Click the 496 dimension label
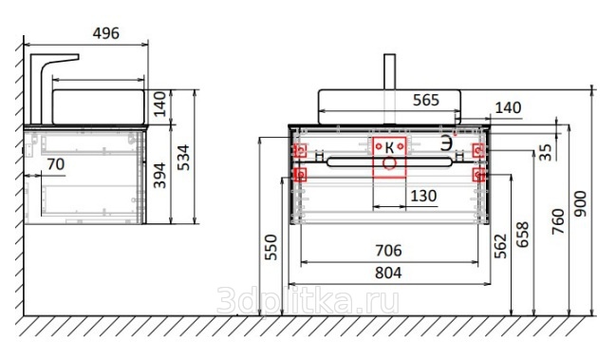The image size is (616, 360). point(105,33)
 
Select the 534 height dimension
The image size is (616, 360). point(183,158)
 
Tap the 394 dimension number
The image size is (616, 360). point(159,176)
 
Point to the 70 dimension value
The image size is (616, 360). point(55,164)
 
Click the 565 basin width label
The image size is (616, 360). point(426,101)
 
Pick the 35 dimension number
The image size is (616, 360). point(545,152)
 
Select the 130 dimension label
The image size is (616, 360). point(423,196)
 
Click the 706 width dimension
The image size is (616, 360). point(388,251)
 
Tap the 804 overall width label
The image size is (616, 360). point(388,273)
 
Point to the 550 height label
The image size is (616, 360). point(271,247)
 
